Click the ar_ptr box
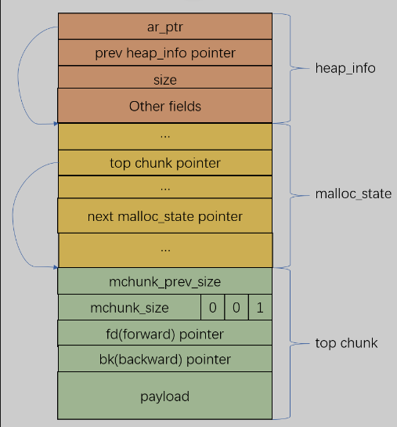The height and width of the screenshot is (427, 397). coord(165,26)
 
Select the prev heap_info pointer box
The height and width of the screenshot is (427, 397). coord(165,52)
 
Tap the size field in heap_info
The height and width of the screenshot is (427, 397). coord(165,77)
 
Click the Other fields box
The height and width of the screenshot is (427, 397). coord(165,106)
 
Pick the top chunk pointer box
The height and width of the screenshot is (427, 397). coord(165,163)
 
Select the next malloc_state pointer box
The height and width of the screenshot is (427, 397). coord(165,215)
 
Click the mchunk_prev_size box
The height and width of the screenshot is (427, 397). coord(165,281)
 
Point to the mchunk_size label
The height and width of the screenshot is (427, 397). coord(129,308)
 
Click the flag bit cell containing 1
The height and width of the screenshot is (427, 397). coord(260,307)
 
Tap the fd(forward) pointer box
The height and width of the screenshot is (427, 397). coord(165,333)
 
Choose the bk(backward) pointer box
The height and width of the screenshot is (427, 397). coord(165,359)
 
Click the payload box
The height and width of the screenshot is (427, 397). coord(165,396)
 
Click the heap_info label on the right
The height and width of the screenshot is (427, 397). coord(345,68)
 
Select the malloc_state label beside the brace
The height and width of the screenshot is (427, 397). coord(353,194)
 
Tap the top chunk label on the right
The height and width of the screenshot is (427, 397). coord(346,343)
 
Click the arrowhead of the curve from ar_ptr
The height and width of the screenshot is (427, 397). coord(56,124)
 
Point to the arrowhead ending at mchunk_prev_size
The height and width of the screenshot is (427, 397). coord(56,267)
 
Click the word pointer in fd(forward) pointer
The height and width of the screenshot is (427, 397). coord(201,335)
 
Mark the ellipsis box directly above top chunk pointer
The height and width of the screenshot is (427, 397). coord(165,136)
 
